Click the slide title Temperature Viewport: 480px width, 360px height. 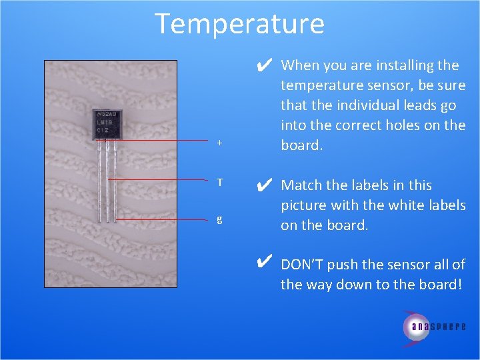click(239, 24)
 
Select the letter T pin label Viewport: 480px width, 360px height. click(220, 181)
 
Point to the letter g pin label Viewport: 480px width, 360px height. click(220, 219)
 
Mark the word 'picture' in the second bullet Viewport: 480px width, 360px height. click(305, 205)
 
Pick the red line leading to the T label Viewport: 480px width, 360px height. click(160, 180)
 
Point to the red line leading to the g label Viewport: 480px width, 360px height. click(163, 219)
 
